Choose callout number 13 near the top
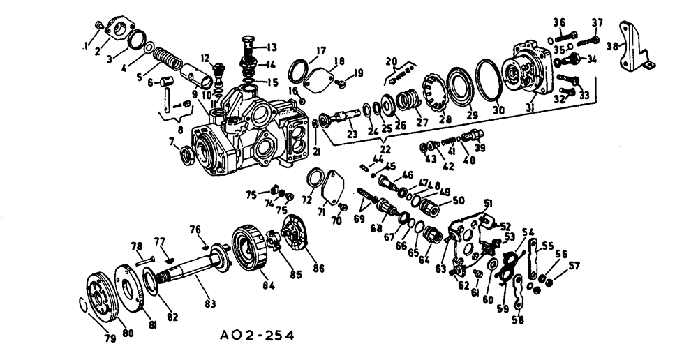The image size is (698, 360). click(x=271, y=47)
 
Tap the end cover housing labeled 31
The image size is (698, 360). click(x=534, y=70)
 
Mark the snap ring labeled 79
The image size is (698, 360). click(x=82, y=306)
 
